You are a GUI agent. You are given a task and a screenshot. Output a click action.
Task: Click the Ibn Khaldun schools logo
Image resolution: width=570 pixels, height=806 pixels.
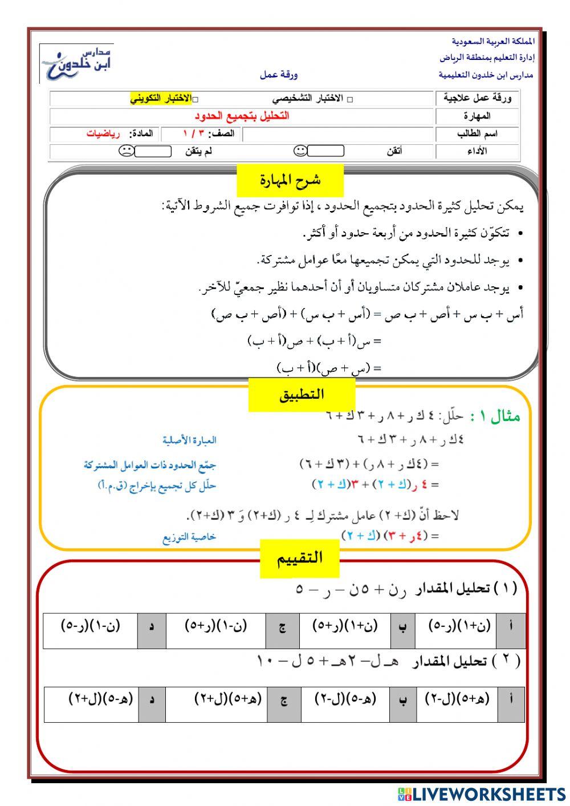(x=76, y=64)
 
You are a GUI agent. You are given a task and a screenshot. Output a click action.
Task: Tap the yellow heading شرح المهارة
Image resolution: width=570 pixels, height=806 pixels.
(x=290, y=180)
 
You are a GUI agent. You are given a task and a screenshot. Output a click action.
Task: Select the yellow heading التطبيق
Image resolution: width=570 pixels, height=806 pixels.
(x=302, y=395)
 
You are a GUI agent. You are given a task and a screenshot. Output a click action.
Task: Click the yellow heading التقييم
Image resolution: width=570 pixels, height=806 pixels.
(x=300, y=558)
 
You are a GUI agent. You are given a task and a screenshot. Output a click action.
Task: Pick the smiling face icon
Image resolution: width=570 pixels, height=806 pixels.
(x=300, y=151)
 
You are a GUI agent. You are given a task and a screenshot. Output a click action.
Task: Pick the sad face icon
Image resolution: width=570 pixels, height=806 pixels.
(x=126, y=151)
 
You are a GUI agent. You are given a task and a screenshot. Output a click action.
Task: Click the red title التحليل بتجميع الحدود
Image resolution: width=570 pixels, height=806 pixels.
(x=242, y=116)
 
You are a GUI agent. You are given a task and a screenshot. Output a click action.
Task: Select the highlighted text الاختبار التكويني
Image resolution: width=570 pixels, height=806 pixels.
(x=161, y=99)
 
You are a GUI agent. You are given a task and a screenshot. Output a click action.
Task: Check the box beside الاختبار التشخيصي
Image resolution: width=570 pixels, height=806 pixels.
(x=349, y=99)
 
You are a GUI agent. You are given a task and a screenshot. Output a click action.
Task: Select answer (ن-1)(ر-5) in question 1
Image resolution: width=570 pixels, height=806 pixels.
(x=91, y=626)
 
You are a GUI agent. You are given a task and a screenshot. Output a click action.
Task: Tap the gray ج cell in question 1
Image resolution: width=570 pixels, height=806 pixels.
(x=282, y=628)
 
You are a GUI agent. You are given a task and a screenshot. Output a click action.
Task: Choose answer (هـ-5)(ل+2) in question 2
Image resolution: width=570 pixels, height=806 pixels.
(x=100, y=699)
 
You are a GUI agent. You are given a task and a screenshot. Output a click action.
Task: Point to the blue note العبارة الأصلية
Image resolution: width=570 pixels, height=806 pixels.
(x=189, y=440)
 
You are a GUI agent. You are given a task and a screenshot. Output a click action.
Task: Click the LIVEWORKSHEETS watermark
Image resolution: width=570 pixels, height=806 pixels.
(x=482, y=793)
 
